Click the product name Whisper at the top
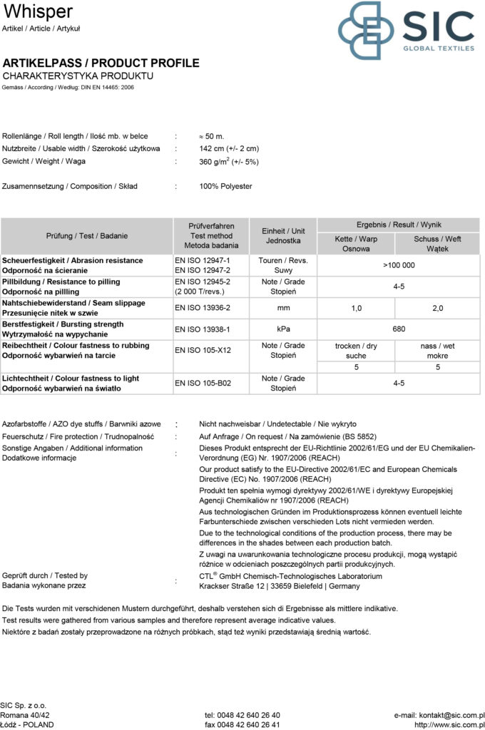click(38, 11)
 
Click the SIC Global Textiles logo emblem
click(366, 30)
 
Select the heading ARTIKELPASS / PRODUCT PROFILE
click(101, 63)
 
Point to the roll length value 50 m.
click(212, 135)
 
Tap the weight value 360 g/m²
click(228, 162)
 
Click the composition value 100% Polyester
click(225, 187)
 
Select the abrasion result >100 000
click(399, 265)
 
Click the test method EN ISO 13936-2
click(203, 308)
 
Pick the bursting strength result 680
click(399, 329)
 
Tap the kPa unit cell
click(282, 329)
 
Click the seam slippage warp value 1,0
click(357, 308)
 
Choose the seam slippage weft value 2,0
click(437, 308)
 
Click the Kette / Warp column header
click(356, 244)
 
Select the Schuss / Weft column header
click(437, 244)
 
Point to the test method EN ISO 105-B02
click(203, 383)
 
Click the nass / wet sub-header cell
click(437, 351)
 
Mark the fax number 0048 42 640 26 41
click(242, 725)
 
